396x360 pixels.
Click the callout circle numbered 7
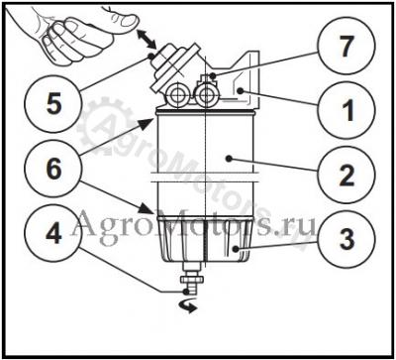[346, 49]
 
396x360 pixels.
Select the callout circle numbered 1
[346, 110]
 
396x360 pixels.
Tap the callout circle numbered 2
[346, 176]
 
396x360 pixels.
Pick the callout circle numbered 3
[346, 239]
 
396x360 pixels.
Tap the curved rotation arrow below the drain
[189, 306]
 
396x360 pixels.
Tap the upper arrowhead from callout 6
[147, 125]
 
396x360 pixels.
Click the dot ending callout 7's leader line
[213, 75]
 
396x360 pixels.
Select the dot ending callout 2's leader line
[229, 159]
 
